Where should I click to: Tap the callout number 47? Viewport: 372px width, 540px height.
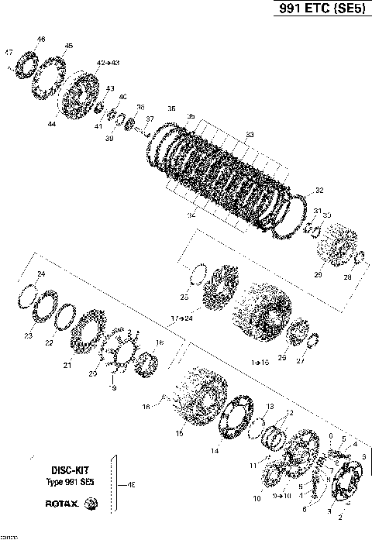tap(9, 52)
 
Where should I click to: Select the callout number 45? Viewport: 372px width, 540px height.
tap(69, 46)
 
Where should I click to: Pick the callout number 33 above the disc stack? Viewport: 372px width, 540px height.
tap(250, 135)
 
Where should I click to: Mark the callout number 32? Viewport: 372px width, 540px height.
tap(319, 190)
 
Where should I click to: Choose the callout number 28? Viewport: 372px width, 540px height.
tap(347, 277)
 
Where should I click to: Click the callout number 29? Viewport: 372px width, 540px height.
tap(317, 274)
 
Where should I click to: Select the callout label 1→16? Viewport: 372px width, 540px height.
tap(260, 362)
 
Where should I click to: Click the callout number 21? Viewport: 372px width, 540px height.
tap(67, 365)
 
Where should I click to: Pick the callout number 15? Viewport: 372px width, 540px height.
tap(179, 434)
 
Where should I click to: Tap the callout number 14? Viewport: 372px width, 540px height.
tap(215, 450)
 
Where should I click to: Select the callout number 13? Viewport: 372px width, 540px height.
tap(270, 406)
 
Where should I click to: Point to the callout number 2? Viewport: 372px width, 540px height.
tap(340, 516)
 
